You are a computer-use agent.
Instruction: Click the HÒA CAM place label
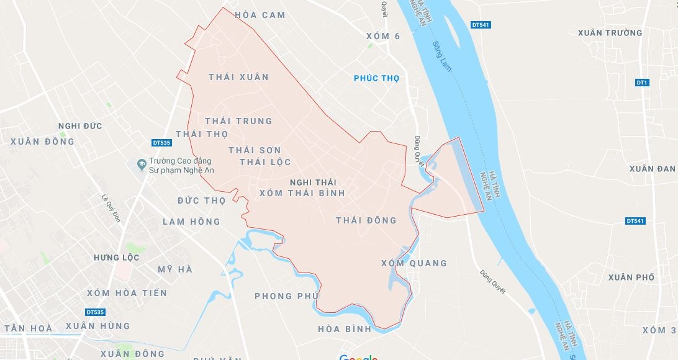tap(260, 15)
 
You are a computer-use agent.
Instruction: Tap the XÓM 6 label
tap(383, 36)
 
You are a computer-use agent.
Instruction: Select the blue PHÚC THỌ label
tap(376, 78)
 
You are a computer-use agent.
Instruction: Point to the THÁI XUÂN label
tap(238, 77)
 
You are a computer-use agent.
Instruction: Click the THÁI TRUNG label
tap(238, 120)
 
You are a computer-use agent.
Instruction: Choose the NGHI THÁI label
tap(312, 181)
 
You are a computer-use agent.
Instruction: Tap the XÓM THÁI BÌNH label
tap(302, 193)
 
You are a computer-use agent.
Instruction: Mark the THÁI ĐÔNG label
tap(366, 220)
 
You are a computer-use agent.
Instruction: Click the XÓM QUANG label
tap(414, 263)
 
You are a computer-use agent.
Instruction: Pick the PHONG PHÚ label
tap(286, 296)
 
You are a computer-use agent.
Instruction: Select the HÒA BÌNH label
tap(344, 328)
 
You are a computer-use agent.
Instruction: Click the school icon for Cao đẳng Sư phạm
tap(141, 164)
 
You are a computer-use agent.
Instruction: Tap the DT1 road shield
tap(642, 83)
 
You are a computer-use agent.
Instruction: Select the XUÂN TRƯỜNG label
tap(610, 33)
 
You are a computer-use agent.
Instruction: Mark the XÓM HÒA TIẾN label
tap(127, 293)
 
